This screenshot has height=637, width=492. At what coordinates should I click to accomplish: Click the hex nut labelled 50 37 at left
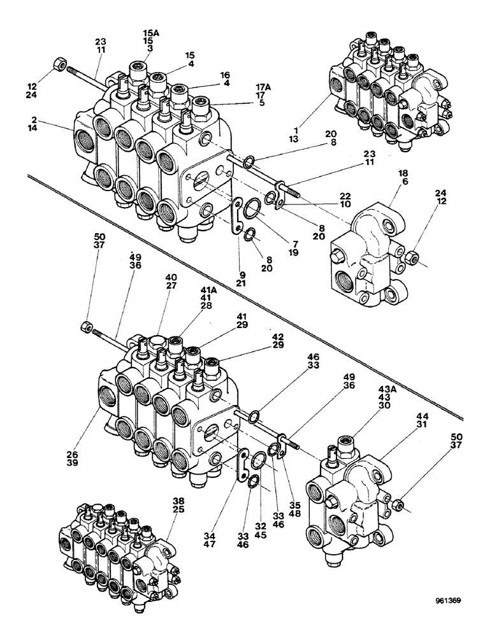[86, 328]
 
